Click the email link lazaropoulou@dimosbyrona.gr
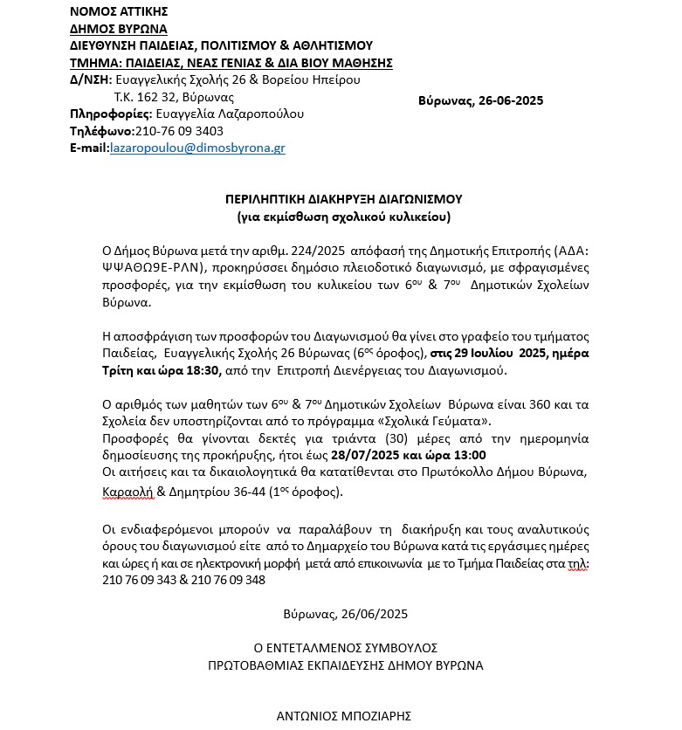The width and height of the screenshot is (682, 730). [x=197, y=148]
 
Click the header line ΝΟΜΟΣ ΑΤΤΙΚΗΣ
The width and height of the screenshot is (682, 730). [x=119, y=11]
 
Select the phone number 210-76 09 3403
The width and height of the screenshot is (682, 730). [x=173, y=131]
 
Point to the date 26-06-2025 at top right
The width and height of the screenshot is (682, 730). [x=511, y=100]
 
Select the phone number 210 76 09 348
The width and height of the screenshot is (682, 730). [x=224, y=580]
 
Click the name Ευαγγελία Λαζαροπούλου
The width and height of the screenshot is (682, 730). [x=230, y=114]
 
